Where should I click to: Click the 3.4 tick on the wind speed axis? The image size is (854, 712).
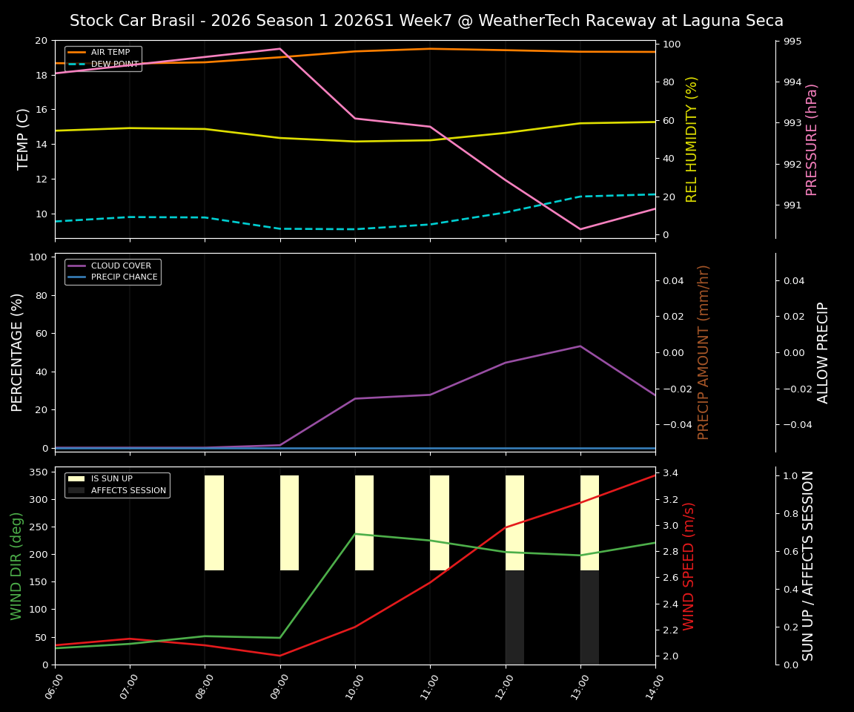pyautogui.click(x=670, y=473)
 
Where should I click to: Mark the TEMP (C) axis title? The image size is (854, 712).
pyautogui.click(x=24, y=139)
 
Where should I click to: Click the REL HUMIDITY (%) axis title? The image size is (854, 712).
pyautogui.click(x=692, y=139)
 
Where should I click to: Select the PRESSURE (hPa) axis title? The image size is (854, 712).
pyautogui.click(x=812, y=139)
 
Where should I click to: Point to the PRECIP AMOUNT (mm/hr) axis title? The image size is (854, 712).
pyautogui.click(x=704, y=352)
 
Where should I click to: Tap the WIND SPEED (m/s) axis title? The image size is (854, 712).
pyautogui.click(x=689, y=566)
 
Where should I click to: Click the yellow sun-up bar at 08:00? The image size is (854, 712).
pyautogui.click(x=214, y=523)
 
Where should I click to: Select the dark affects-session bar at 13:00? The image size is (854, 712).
pyautogui.click(x=589, y=617)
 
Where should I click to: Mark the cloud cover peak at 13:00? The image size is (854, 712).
pyautogui.click(x=580, y=346)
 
